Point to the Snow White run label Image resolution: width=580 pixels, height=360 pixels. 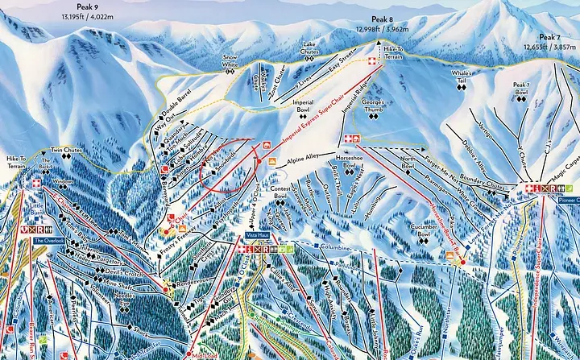pyautogui.click(x=230, y=61)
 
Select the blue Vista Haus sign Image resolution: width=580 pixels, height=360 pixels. pyautogui.click(x=257, y=237)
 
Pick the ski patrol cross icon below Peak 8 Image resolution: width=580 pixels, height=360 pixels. pyautogui.click(x=371, y=61)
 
